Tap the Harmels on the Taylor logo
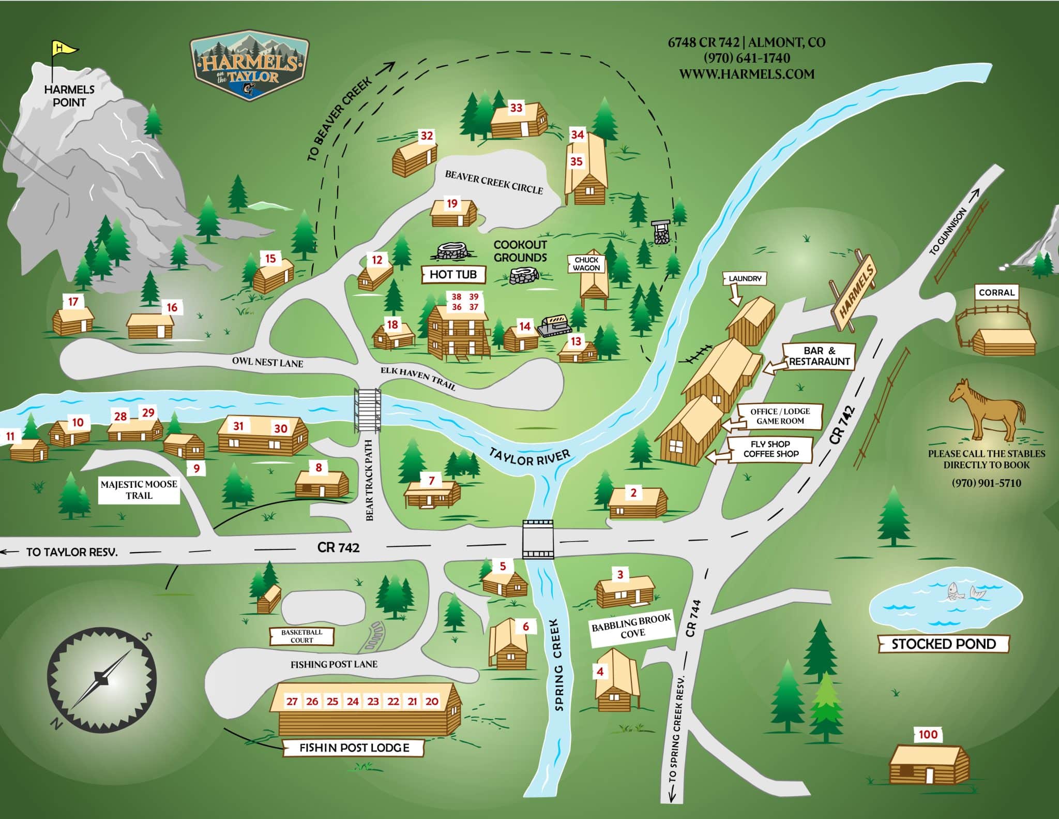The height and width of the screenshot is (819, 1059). [x=250, y=65]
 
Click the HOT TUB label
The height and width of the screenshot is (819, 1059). [x=453, y=275]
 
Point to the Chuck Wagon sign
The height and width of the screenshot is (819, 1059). [x=586, y=264]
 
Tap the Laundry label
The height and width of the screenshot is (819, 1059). [x=745, y=279]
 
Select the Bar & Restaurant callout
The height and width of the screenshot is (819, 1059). [x=819, y=356]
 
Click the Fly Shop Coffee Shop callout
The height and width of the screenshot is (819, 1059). [x=770, y=449]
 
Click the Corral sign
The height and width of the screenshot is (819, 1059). [x=996, y=293]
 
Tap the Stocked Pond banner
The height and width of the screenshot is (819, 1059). [x=944, y=644]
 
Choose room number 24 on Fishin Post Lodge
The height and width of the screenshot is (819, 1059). [x=353, y=702]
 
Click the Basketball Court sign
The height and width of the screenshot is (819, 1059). [x=301, y=636]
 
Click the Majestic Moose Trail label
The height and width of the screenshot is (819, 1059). [x=139, y=490]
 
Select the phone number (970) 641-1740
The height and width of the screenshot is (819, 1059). [x=747, y=57]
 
